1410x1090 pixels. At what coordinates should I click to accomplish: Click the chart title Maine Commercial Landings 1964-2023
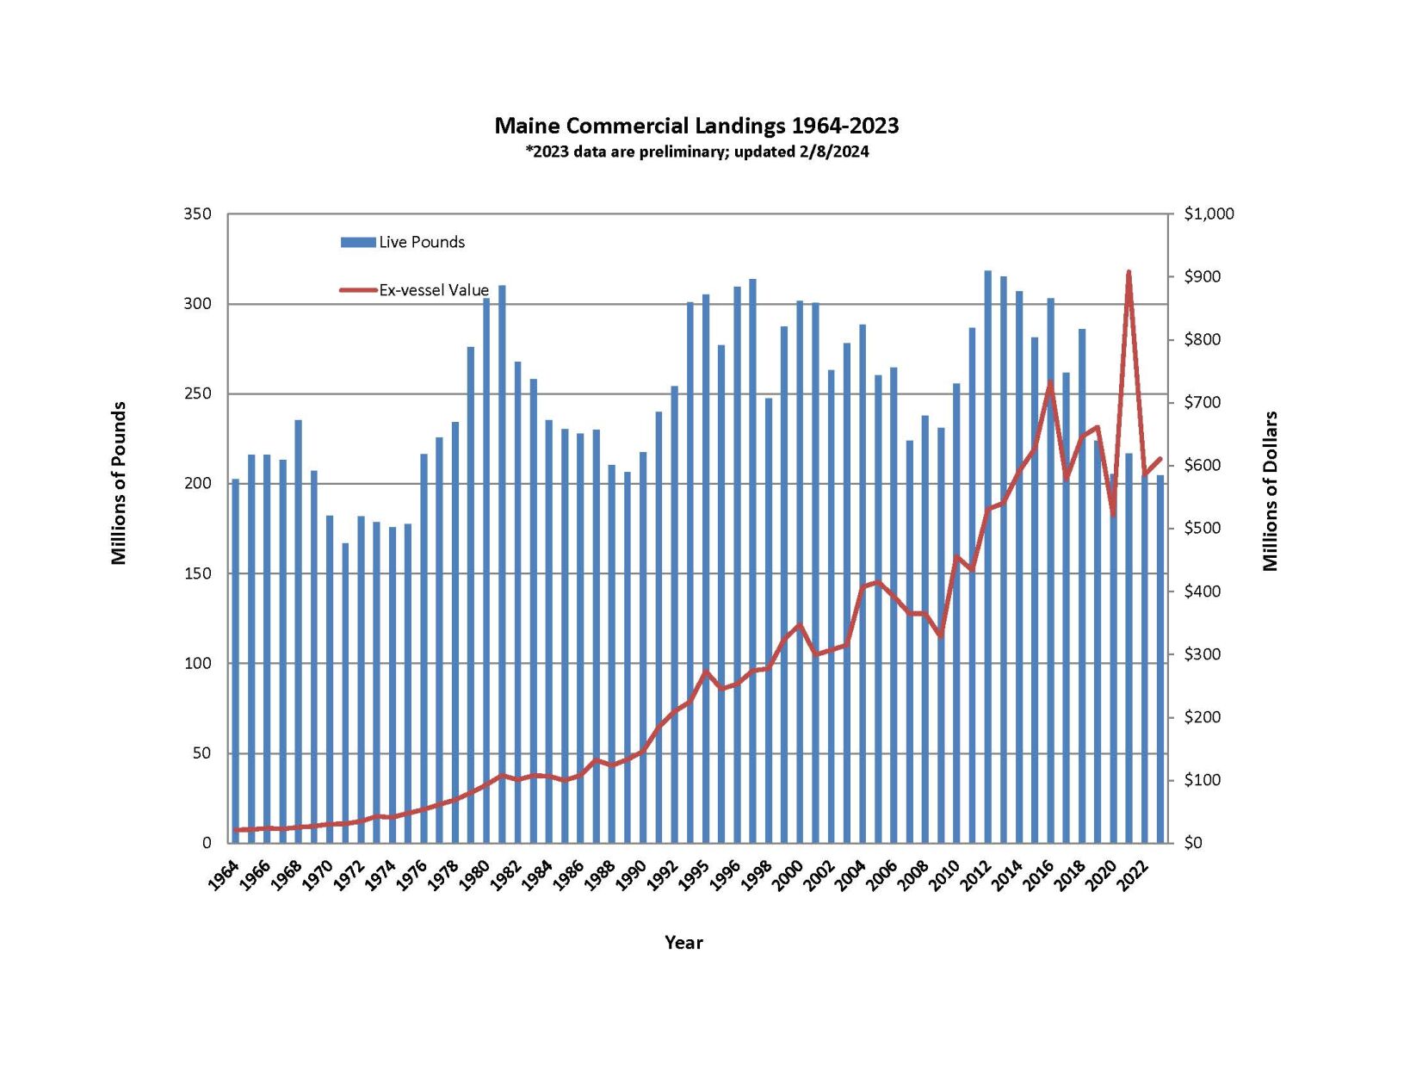click(696, 126)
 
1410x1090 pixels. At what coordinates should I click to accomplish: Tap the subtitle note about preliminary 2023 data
click(696, 152)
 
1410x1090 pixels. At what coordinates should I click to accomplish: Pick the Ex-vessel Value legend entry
click(415, 290)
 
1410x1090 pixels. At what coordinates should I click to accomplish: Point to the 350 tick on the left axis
click(197, 214)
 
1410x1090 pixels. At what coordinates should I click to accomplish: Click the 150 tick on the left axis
click(197, 573)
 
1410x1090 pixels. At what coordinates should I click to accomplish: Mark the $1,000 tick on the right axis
click(1209, 214)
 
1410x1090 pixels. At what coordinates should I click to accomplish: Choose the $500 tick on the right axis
click(1203, 528)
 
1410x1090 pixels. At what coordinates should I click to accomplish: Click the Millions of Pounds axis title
click(119, 483)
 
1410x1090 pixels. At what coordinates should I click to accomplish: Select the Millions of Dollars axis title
click(1270, 491)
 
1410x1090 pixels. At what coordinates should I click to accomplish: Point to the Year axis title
click(683, 943)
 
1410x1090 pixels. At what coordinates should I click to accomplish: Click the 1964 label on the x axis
click(224, 876)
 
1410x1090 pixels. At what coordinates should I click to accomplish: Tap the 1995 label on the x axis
click(695, 876)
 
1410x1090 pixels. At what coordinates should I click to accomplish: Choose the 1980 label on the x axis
click(474, 876)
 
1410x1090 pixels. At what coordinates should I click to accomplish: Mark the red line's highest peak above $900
click(1129, 272)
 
